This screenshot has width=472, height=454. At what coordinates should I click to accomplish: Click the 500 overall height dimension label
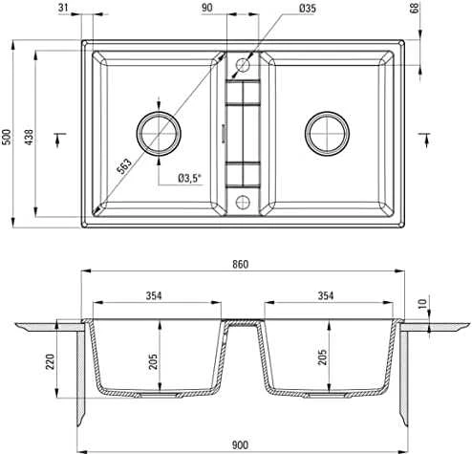(7, 137)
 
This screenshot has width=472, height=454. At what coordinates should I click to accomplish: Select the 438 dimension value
(29, 137)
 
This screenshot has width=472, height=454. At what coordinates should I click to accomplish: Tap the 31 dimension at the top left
(63, 8)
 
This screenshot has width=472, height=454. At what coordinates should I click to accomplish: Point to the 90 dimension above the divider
(207, 8)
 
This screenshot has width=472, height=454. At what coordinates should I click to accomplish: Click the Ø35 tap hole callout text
(308, 9)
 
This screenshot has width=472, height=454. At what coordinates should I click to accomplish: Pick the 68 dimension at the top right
(416, 8)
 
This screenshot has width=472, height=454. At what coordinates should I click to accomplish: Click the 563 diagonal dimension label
(124, 166)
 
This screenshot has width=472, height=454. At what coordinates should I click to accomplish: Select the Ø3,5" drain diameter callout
(190, 178)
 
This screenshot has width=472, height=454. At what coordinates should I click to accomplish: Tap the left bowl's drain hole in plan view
(159, 134)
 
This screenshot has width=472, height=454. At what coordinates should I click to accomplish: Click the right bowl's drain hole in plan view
(327, 134)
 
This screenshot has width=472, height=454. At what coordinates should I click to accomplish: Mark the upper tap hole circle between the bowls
(243, 65)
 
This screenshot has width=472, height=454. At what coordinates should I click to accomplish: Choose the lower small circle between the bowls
(243, 202)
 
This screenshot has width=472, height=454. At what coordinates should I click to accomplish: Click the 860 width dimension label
(240, 264)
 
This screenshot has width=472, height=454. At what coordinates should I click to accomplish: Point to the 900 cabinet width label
(240, 444)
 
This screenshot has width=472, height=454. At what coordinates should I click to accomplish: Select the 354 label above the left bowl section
(154, 295)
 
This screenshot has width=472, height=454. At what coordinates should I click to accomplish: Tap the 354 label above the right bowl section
(326, 295)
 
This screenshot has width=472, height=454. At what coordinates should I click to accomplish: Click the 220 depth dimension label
(51, 361)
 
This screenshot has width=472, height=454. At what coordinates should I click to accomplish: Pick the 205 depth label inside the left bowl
(153, 361)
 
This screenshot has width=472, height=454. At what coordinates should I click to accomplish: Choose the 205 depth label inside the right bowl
(322, 357)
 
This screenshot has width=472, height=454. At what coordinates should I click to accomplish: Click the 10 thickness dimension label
(422, 303)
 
